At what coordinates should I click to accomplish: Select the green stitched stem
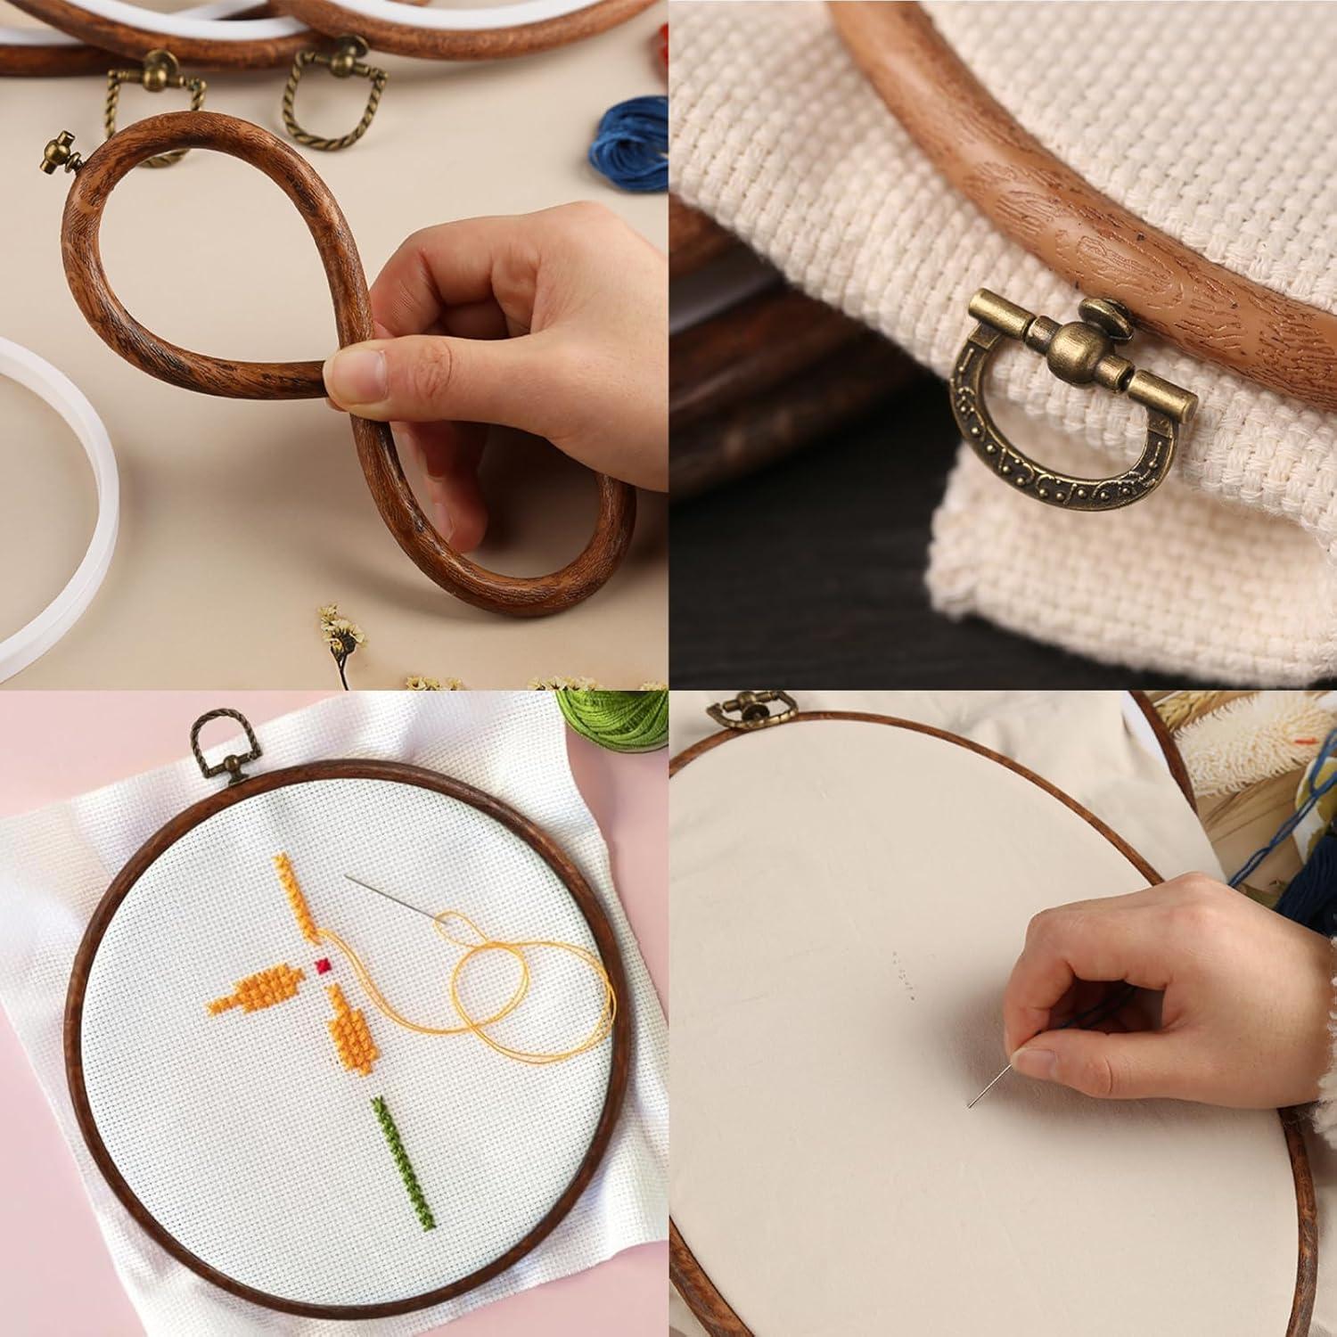pyautogui.click(x=404, y=1162)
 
